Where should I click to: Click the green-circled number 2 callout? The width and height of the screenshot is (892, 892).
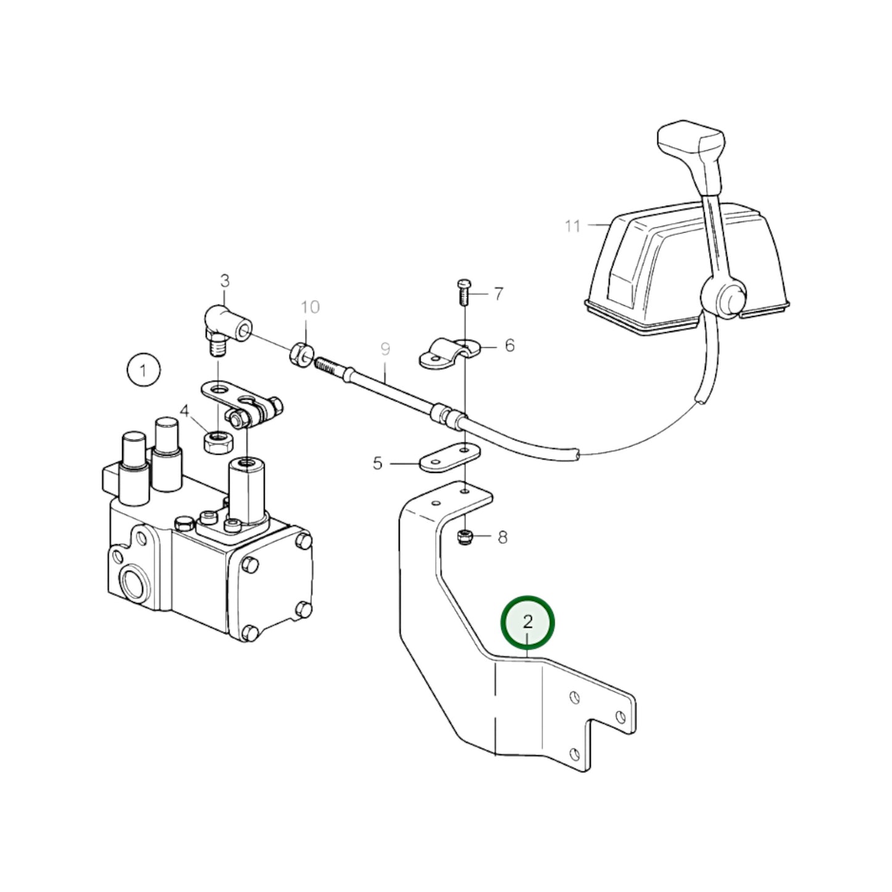point(527,622)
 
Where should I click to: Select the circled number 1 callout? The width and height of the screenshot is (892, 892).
point(143,370)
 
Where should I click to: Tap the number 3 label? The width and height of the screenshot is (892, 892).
point(225,281)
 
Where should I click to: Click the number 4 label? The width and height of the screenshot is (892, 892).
point(185,411)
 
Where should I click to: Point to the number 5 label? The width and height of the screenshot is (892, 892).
point(378,463)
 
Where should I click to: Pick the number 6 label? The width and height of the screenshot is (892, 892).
point(509,346)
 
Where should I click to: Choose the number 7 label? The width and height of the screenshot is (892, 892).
point(498,293)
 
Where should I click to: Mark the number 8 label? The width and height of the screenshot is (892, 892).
point(502,537)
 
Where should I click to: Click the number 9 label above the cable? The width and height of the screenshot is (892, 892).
point(385,350)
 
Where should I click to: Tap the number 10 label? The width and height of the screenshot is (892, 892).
point(311,307)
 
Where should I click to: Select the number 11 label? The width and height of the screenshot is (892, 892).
point(573,226)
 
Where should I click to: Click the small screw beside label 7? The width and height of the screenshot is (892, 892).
point(464,292)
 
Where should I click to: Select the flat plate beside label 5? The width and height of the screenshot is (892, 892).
point(450,457)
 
